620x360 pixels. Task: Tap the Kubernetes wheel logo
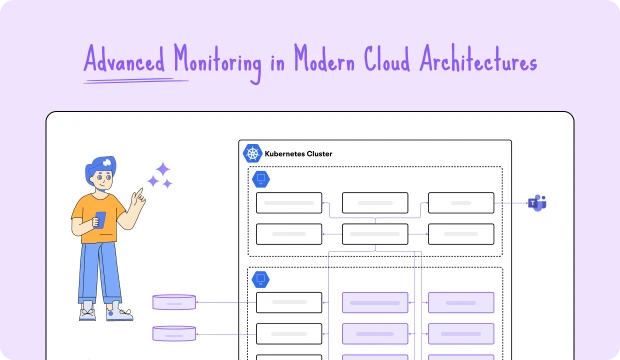[x=252, y=154]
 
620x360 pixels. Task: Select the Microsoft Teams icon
[x=538, y=203]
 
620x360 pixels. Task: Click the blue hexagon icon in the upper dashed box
[x=261, y=179]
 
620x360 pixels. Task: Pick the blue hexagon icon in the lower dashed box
[x=261, y=279]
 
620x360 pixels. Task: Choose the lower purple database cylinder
[x=174, y=333]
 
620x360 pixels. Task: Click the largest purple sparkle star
[x=161, y=169]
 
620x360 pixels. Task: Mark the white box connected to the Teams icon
[x=460, y=203]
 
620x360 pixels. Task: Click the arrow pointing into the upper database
[x=200, y=302]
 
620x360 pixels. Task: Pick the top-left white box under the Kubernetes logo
[x=289, y=203]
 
